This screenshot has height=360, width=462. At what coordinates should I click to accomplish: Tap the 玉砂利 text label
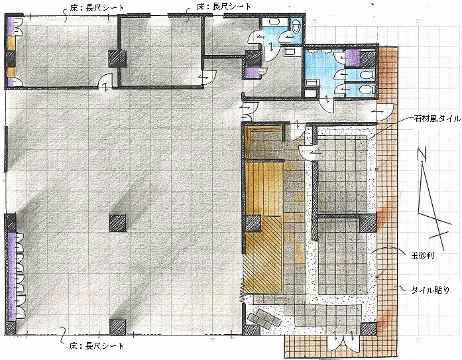(422, 256)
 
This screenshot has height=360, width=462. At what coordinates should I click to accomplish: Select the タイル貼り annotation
(430, 290)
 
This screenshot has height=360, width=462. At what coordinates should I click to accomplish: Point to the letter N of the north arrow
(423, 154)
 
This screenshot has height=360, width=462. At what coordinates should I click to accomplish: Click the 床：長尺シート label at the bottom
(96, 345)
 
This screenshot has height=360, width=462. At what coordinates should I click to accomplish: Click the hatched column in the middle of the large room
(118, 223)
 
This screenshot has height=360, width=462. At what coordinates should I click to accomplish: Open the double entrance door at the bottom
(344, 339)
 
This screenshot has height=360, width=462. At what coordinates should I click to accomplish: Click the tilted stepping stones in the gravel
(264, 318)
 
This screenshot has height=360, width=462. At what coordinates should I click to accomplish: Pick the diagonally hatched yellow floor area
(263, 259)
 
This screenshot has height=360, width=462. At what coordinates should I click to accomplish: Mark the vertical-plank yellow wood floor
(264, 188)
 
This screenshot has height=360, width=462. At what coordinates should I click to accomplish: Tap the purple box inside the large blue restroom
(353, 58)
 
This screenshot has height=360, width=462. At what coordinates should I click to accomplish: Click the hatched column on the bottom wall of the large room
(118, 328)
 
